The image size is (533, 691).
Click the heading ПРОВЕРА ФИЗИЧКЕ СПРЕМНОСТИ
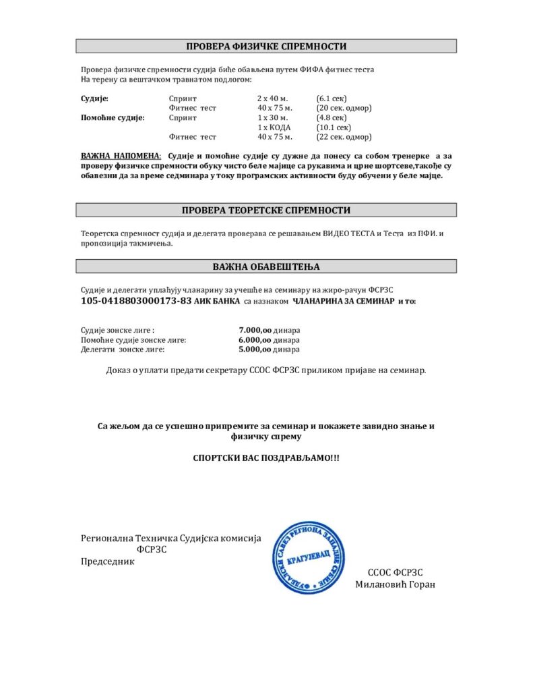[x=266, y=47]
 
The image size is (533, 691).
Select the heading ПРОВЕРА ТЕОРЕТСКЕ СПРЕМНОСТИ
[x=266, y=211]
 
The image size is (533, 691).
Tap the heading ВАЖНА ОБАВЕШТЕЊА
[x=266, y=267]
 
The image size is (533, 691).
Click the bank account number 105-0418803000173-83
[x=136, y=300]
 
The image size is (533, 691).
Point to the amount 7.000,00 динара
[x=269, y=330]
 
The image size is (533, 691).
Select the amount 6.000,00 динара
[x=269, y=340]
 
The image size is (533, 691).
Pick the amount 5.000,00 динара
[x=269, y=350]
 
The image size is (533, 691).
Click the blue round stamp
[x=311, y=558]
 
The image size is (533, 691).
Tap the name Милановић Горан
[x=395, y=584]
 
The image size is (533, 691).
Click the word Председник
[x=108, y=561]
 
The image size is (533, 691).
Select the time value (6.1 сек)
[x=332, y=99]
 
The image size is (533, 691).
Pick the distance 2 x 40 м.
[x=272, y=99]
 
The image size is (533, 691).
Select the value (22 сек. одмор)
[x=344, y=137]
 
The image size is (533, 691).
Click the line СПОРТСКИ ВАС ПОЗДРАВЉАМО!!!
[x=266, y=458]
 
